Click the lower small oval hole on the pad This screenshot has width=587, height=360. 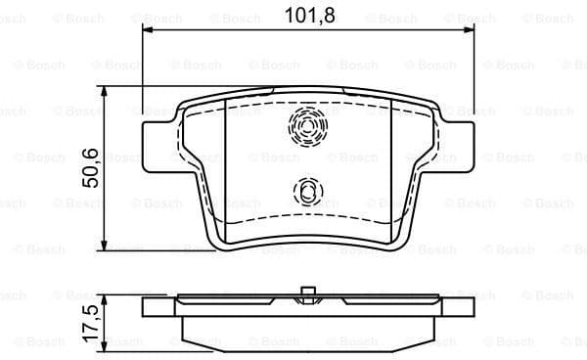(x=307, y=191)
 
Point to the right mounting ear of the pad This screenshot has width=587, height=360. (x=455, y=132)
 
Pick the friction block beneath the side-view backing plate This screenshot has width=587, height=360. (x=307, y=329)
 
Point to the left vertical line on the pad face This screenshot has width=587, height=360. (x=225, y=166)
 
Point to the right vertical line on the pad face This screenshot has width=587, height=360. (x=390, y=166)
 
